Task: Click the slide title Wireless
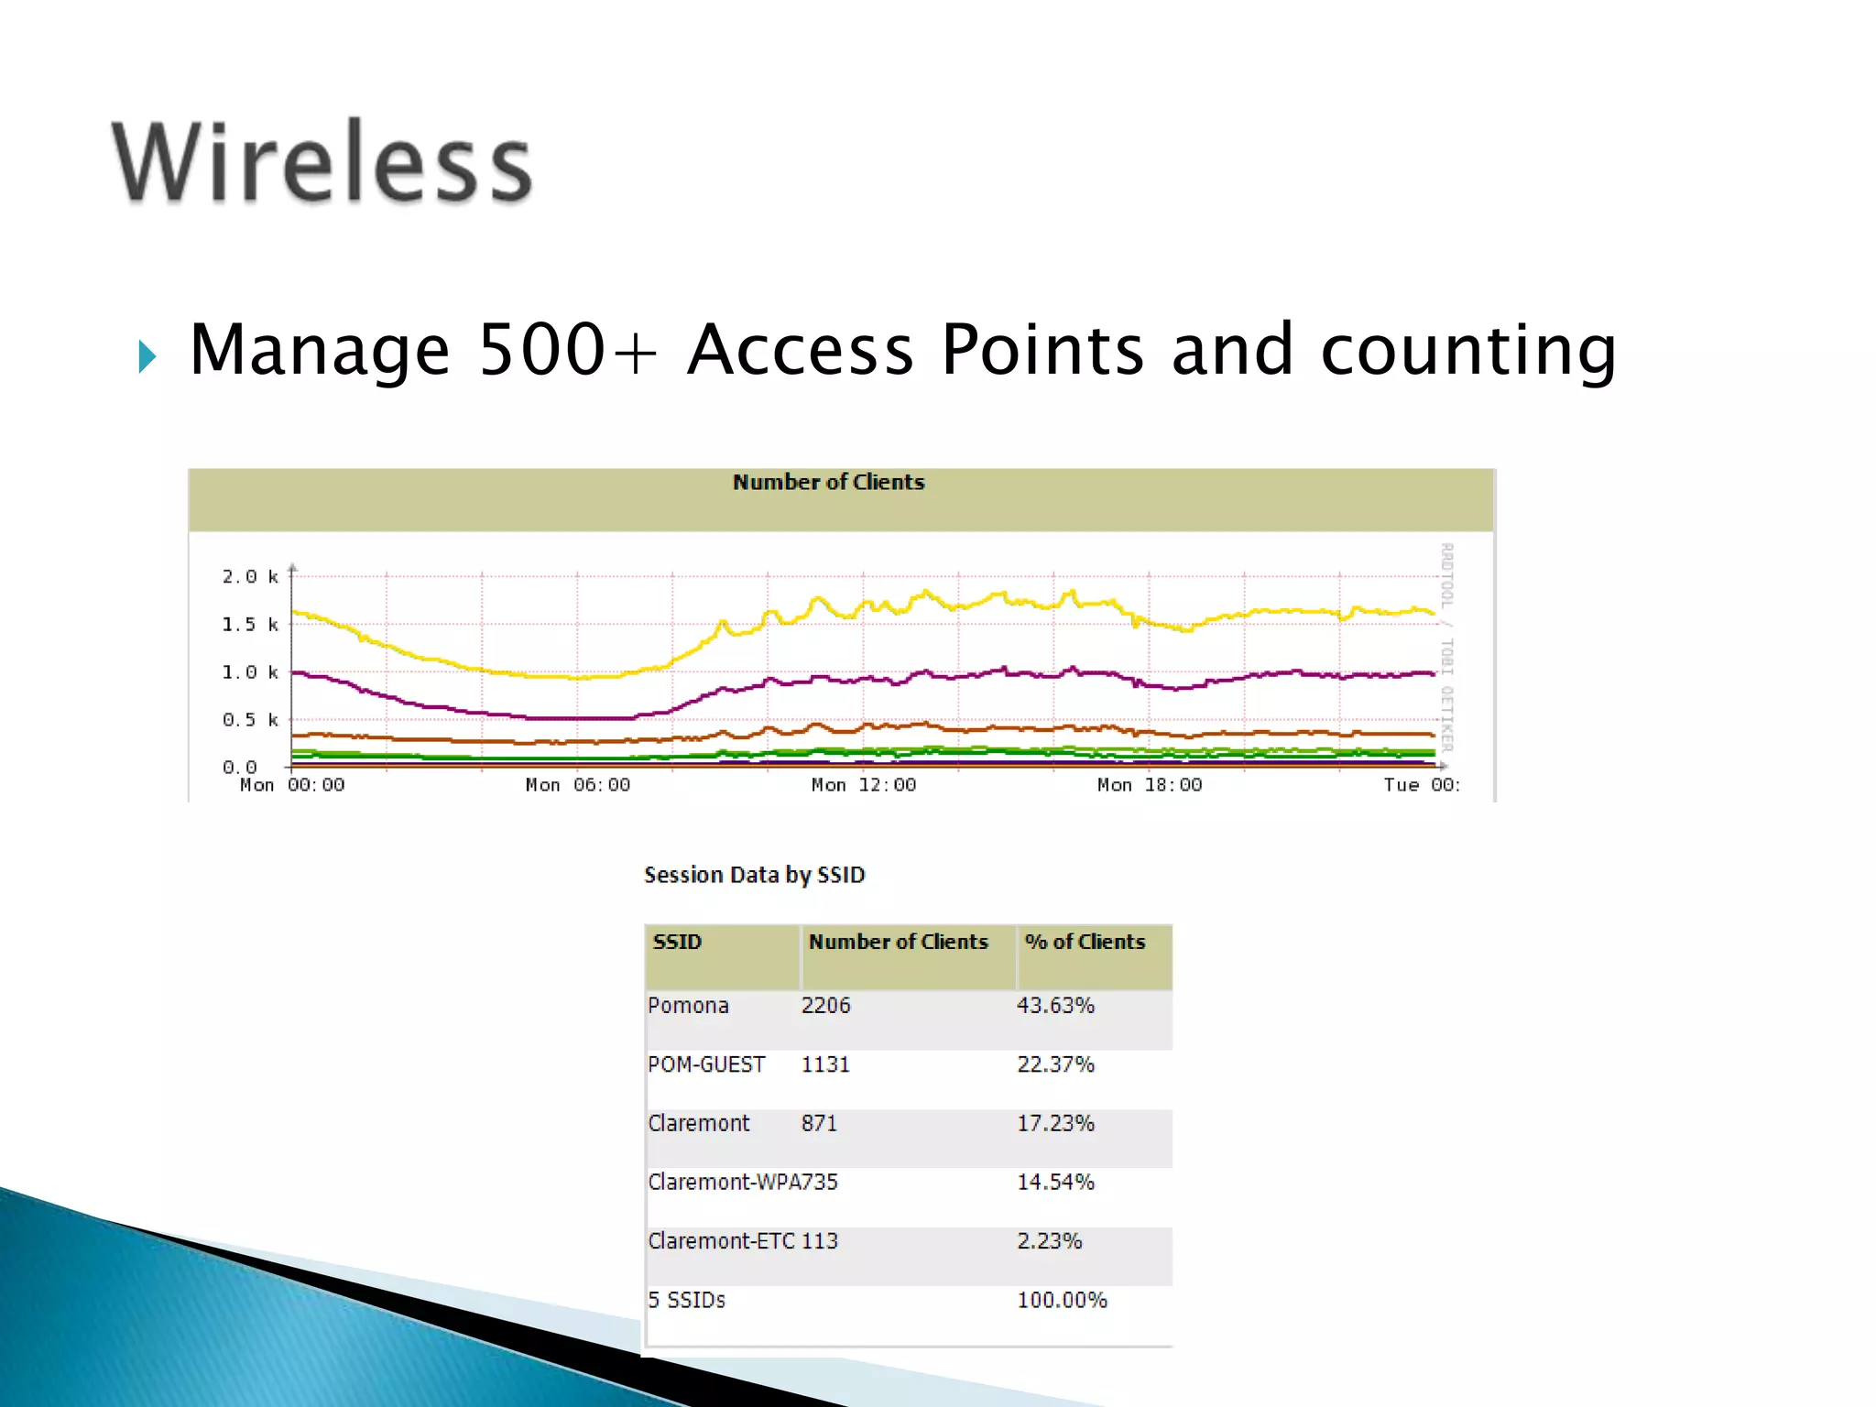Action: [322, 162]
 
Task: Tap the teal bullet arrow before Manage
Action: [147, 355]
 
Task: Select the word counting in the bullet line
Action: [1468, 352]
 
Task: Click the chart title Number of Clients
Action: [828, 483]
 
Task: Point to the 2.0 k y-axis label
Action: [249, 576]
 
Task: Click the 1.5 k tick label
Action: [249, 625]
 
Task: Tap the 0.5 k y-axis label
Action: [249, 720]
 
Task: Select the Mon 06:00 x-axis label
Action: [577, 785]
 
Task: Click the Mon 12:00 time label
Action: [863, 785]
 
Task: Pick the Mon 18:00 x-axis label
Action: [1149, 785]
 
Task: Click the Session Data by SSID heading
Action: [754, 875]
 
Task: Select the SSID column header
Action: [677, 942]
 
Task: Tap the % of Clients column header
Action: [1085, 942]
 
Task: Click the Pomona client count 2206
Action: [825, 1006]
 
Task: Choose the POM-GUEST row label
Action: [705, 1064]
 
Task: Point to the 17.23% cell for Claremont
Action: [1055, 1123]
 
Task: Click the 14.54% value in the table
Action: [1055, 1183]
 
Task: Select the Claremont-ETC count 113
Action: [820, 1241]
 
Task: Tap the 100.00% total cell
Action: [1062, 1300]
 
